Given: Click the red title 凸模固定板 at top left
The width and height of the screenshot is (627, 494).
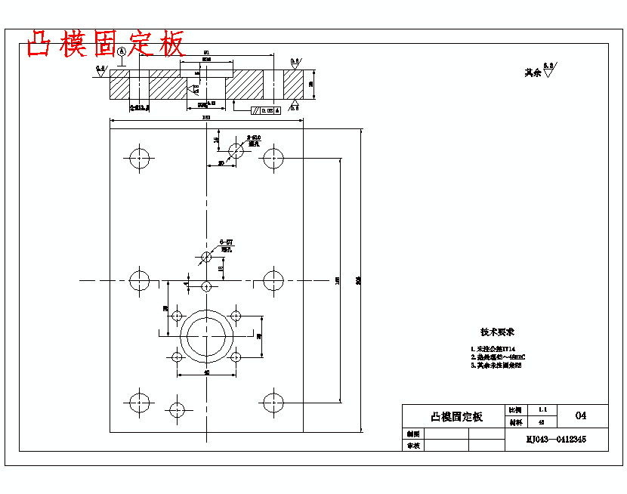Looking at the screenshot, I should point(106,45).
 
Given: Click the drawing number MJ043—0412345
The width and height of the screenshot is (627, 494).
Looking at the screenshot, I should point(556,439).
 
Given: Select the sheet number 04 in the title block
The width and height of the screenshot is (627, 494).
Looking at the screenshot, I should point(581,415).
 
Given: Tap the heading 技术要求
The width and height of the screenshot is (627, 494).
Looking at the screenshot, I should point(497,332).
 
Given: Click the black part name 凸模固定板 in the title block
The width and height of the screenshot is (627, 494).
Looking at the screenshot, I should point(456,416).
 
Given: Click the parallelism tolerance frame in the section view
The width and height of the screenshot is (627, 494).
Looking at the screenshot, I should point(266,110).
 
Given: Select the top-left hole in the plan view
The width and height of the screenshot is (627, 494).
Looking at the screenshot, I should point(140,159).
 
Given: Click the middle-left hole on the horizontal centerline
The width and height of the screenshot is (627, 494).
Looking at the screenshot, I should point(140,281).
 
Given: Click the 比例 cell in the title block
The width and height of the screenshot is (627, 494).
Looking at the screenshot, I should point(515,409).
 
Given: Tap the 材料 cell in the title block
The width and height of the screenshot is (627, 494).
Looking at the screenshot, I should point(515,422).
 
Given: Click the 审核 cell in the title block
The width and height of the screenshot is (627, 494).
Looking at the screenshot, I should point(412,446).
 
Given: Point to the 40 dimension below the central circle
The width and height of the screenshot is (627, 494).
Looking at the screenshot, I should point(206,372).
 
